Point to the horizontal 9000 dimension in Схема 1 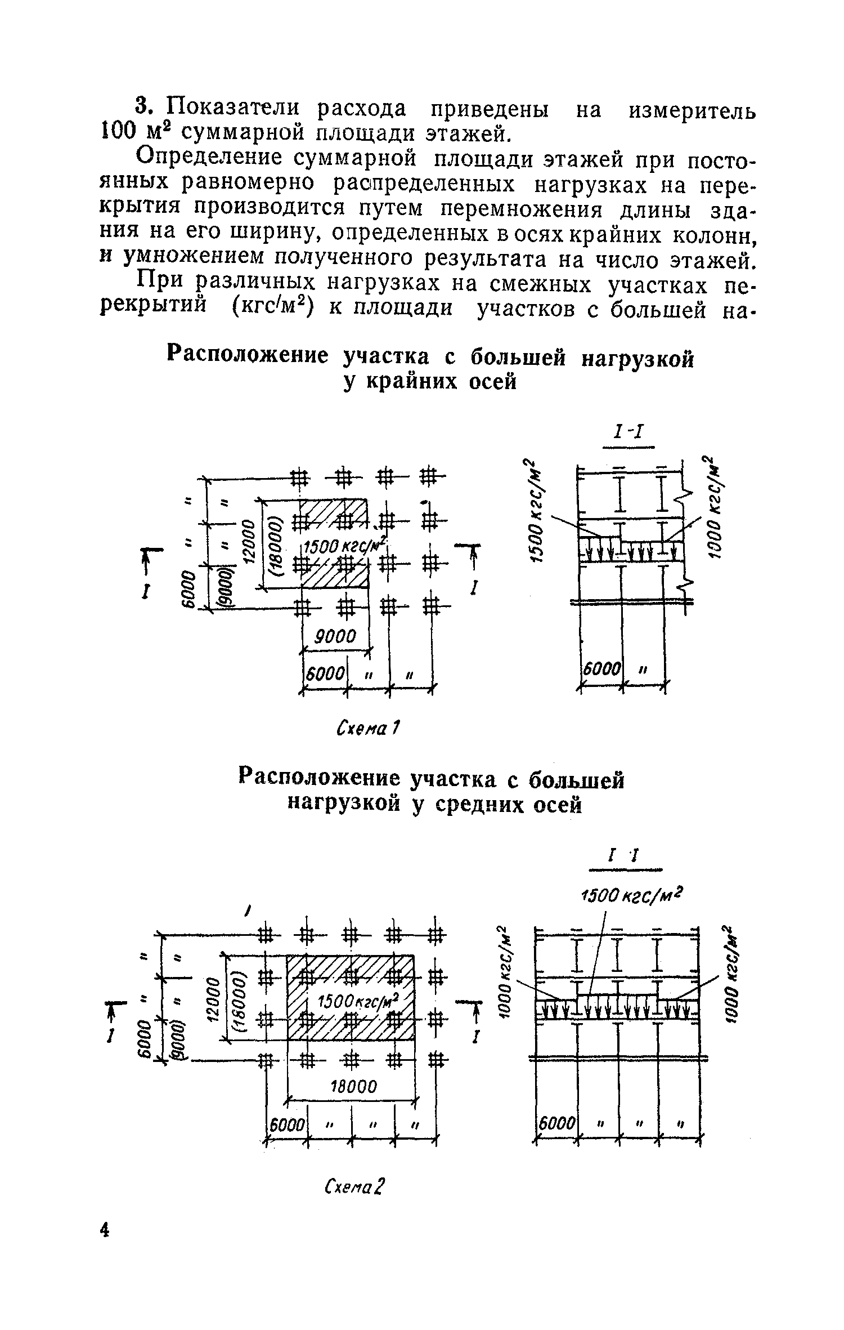point(336,636)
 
